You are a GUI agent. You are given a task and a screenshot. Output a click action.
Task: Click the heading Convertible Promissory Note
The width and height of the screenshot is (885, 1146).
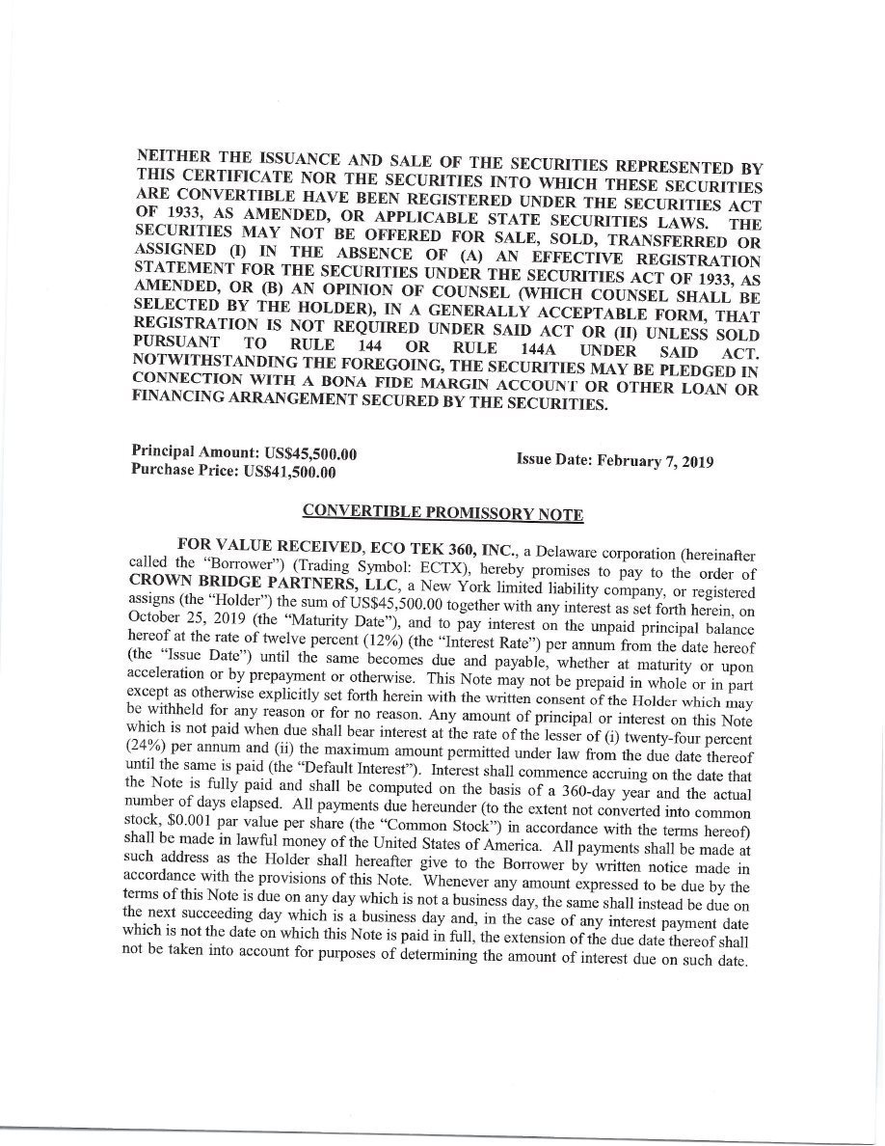[x=442, y=512]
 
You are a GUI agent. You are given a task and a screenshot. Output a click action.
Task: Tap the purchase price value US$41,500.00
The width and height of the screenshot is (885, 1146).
[x=290, y=472]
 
